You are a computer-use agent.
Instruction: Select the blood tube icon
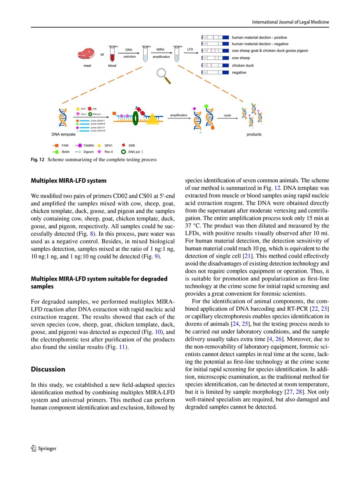[x=112, y=54]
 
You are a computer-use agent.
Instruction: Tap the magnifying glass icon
[x=162, y=75]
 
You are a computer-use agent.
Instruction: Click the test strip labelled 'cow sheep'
[x=215, y=58]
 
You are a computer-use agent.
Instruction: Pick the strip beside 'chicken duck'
[x=215, y=65]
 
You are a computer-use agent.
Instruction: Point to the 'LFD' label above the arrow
[x=190, y=49]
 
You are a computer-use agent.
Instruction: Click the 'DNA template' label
[x=64, y=134]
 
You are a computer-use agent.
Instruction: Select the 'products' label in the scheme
[x=254, y=134]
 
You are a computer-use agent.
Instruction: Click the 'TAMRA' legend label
[x=89, y=146]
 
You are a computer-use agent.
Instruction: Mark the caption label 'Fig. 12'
[x=37, y=159]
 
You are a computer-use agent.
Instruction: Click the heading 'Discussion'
[x=48, y=369]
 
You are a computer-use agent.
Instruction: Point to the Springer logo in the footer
[x=44, y=448]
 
